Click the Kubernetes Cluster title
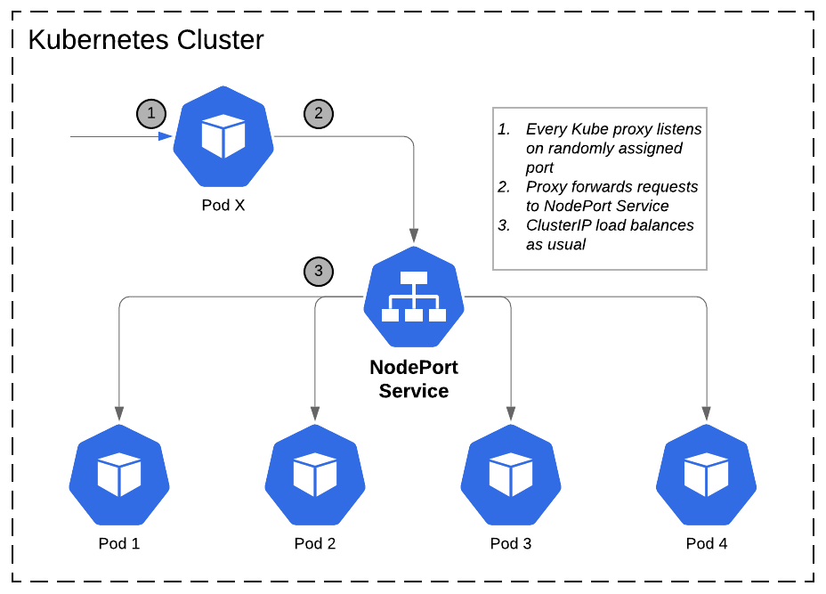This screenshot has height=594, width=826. coord(146,40)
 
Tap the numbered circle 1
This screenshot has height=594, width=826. coord(151,113)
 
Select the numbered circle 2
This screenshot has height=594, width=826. coord(319,113)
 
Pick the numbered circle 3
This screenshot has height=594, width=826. coord(319,271)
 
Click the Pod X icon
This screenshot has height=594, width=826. coord(223,137)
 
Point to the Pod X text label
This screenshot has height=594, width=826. coord(223,205)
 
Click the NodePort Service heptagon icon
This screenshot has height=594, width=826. coord(413,297)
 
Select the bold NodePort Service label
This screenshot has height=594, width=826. coord(413,378)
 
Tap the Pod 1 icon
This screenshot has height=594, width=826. coord(119,475)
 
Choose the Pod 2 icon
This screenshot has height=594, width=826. coord(315,475)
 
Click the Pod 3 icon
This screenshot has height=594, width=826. coord(511,475)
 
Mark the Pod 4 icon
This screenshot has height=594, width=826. coord(707,475)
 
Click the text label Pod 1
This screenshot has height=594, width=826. coord(119,543)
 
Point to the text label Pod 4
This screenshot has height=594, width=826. coord(707,543)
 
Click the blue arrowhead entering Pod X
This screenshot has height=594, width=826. coord(166,137)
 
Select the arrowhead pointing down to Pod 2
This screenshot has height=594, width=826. coord(315,413)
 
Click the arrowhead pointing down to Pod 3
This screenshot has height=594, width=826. coord(511,413)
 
